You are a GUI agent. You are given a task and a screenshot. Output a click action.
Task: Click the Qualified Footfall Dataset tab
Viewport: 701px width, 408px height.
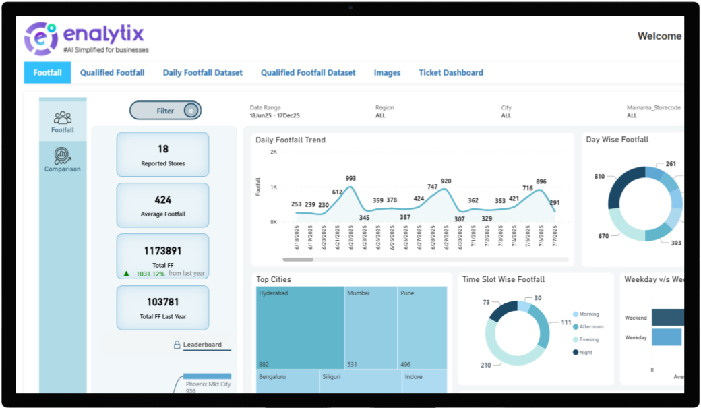pyautogui.click(x=308, y=73)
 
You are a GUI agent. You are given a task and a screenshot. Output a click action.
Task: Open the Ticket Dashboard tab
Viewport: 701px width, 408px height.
pyautogui.click(x=451, y=73)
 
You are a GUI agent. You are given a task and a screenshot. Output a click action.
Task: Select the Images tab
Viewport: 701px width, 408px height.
pyautogui.click(x=387, y=73)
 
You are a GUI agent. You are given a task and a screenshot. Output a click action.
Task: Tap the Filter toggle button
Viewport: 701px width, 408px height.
pyautogui.click(x=165, y=111)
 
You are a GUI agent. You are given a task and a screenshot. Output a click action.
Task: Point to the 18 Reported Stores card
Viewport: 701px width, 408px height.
pyautogui.click(x=162, y=154)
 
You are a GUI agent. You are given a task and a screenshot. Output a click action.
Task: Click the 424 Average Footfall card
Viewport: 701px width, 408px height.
pyautogui.click(x=162, y=205)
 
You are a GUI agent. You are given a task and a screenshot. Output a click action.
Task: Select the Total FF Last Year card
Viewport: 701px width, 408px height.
pyautogui.click(x=162, y=308)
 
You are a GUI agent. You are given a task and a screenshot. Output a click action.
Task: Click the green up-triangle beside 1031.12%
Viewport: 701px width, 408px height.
pyautogui.click(x=126, y=274)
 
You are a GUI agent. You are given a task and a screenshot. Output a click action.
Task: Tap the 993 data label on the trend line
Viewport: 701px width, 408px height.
pyautogui.click(x=350, y=179)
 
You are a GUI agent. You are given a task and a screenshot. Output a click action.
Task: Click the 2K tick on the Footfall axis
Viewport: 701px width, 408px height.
pyautogui.click(x=274, y=152)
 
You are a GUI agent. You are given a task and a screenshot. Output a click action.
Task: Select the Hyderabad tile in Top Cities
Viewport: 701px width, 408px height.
pyautogui.click(x=300, y=328)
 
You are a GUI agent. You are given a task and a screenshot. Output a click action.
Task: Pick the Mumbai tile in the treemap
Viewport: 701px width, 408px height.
pyautogui.click(x=370, y=328)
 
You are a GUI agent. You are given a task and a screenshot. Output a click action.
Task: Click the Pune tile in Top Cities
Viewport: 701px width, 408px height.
pyautogui.click(x=422, y=328)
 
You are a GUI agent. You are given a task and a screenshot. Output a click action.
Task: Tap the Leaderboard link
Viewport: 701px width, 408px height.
pyautogui.click(x=202, y=345)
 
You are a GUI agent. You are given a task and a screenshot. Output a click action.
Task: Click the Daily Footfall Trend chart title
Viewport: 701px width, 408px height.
pyautogui.click(x=291, y=140)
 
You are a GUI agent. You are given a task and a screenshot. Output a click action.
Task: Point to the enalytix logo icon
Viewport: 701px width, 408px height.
pyautogui.click(x=40, y=38)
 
